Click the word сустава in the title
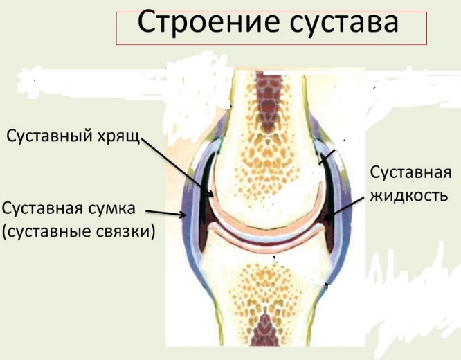pos(344,23)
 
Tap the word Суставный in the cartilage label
pos(49,136)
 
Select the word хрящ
pos(118,137)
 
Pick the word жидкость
pos(409,195)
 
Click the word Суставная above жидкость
pos(410,172)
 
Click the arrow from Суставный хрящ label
pos(177,167)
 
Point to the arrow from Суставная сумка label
pos(166,214)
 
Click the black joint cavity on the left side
pos(205,203)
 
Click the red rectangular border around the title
pos(271,12)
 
